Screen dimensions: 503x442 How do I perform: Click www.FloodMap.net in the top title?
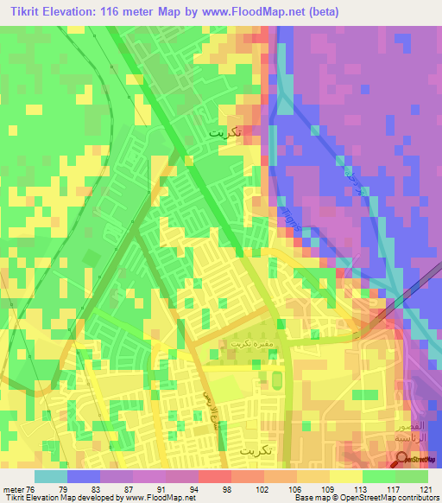[x=252, y=12]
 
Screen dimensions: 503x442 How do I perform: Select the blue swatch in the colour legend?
[x=83, y=476]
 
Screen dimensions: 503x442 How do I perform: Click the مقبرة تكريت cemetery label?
[x=243, y=343]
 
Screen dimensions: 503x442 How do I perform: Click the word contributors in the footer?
[x=416, y=498]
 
